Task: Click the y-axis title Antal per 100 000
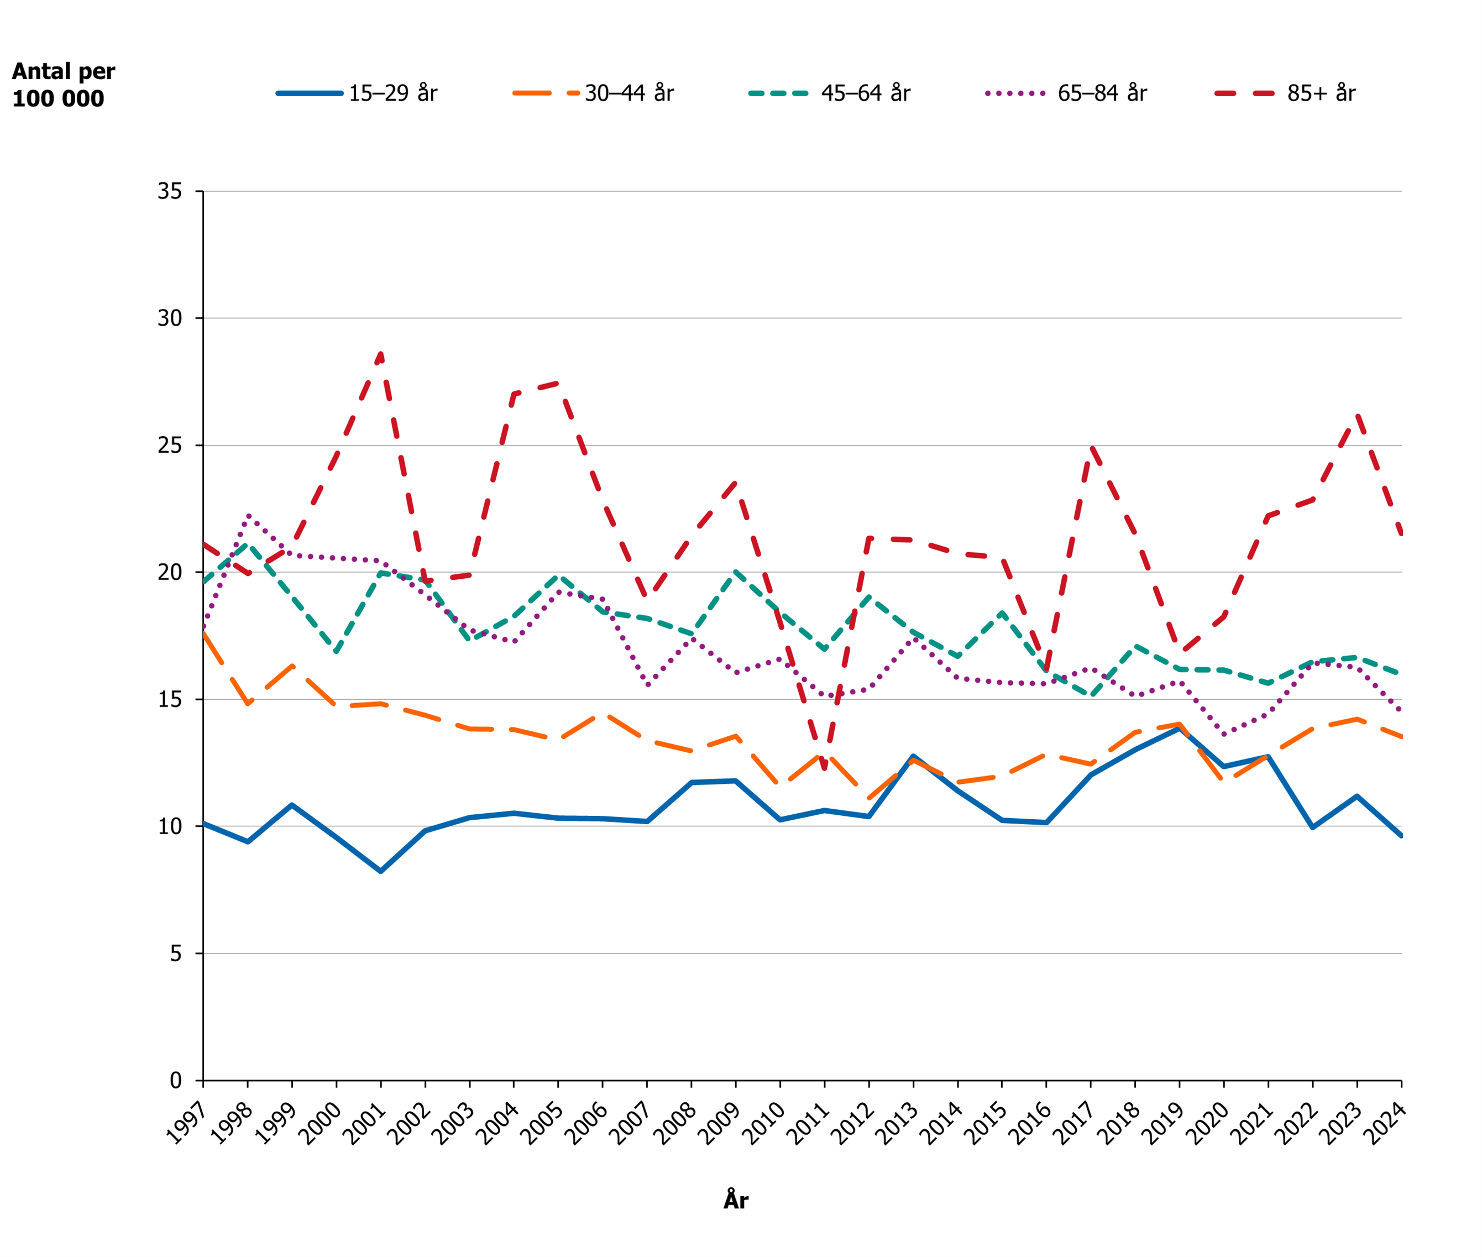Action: pyautogui.click(x=62, y=85)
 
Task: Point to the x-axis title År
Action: pyautogui.click(x=735, y=1200)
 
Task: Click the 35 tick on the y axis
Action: pyautogui.click(x=170, y=191)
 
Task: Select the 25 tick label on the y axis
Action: pyautogui.click(x=170, y=446)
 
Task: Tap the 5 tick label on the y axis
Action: pyautogui.click(x=175, y=954)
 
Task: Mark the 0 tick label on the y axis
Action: pyautogui.click(x=175, y=1080)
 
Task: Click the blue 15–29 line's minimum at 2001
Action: pyautogui.click(x=381, y=871)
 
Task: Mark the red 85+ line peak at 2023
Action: pyautogui.click(x=1357, y=415)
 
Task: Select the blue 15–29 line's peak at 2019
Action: pyautogui.click(x=1180, y=727)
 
